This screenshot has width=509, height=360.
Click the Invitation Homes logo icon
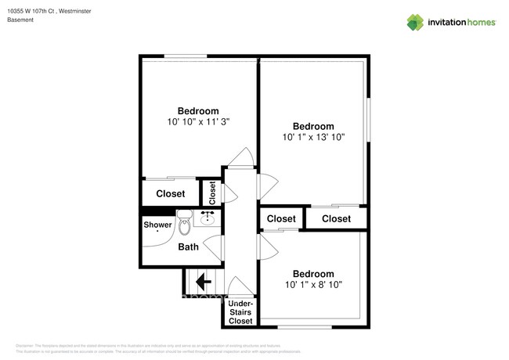coord(414,22)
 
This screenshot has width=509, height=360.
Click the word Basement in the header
coord(20,20)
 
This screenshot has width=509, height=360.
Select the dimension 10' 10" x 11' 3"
coord(197,122)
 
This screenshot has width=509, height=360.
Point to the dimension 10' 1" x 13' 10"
coord(313,137)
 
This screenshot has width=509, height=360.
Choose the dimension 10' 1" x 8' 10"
coord(313,284)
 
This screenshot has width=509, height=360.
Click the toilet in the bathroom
coord(185,224)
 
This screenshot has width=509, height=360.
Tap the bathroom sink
coord(209,217)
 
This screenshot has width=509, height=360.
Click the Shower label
coord(157,225)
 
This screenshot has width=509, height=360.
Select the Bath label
coord(188,247)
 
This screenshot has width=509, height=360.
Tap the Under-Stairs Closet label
coord(240,311)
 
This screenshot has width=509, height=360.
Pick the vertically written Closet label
coord(211,193)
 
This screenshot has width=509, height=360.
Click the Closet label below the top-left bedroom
coord(171,193)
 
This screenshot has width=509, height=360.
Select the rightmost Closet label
coord(336,218)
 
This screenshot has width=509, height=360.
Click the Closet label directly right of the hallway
coord(281,218)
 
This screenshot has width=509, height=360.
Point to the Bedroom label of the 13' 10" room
coord(313,126)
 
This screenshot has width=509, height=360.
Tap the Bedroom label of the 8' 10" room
coord(313,273)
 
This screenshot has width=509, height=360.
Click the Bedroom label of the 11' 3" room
coord(197,110)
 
